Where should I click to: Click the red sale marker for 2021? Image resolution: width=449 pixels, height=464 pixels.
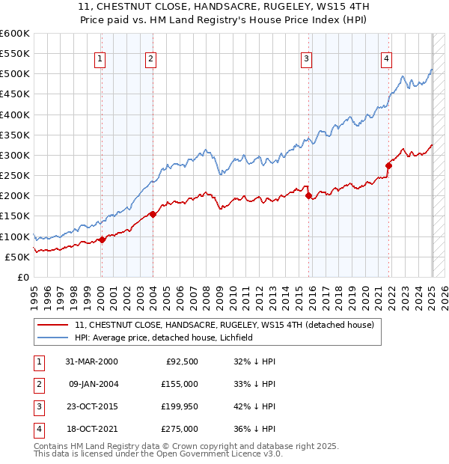[x=389, y=165]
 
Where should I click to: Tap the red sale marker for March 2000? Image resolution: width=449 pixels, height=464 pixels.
[x=102, y=239]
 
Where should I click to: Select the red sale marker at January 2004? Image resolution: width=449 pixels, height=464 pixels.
[x=153, y=214]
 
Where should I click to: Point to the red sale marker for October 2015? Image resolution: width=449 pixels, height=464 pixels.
[x=309, y=196]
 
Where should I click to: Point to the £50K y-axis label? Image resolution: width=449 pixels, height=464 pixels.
[x=17, y=257]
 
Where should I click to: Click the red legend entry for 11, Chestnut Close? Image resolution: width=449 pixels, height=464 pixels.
[x=229, y=325]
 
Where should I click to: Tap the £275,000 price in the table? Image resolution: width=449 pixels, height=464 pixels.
[x=180, y=429]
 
